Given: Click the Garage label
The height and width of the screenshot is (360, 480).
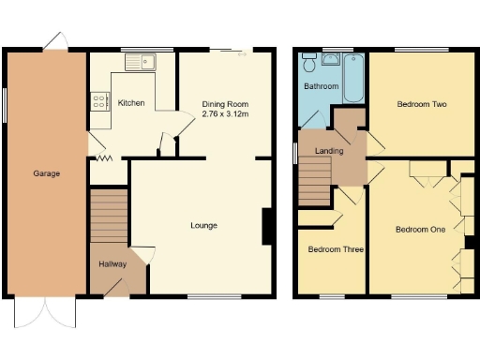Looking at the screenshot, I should click(x=47, y=173).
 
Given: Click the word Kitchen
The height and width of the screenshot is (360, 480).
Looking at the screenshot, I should click(x=131, y=102).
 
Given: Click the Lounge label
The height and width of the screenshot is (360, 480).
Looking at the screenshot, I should click(x=203, y=225).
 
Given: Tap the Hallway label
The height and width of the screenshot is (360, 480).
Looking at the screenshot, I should click(x=112, y=264).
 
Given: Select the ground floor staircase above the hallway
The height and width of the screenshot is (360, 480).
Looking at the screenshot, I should click(x=108, y=217).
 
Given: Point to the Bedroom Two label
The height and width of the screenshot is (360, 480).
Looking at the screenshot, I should click(x=421, y=105).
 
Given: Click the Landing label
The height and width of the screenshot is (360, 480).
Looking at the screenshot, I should click(x=329, y=150).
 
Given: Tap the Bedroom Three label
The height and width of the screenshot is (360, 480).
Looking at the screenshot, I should click(x=336, y=249).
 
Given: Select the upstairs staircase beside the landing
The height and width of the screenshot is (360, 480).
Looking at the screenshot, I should click(x=315, y=180).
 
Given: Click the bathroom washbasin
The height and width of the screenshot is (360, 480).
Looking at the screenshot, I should click(x=329, y=58).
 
